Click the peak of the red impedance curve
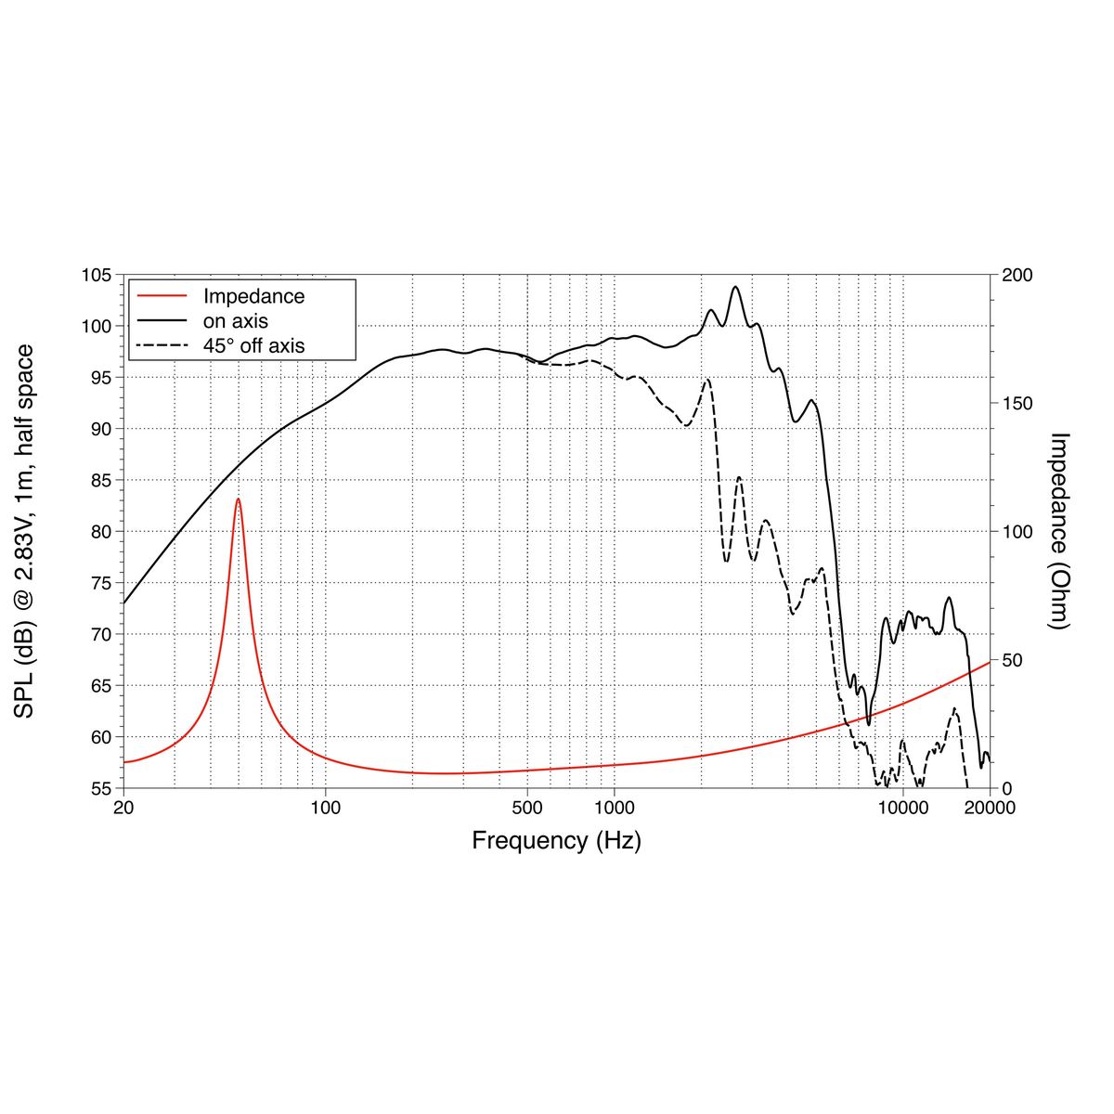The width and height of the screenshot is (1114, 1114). click(x=238, y=499)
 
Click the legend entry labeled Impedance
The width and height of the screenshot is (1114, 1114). click(x=253, y=297)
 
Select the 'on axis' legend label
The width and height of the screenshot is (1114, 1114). click(x=236, y=321)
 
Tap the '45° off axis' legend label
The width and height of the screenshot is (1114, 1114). click(x=253, y=345)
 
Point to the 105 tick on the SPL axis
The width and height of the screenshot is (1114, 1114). click(x=97, y=276)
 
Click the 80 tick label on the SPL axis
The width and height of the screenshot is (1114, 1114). click(x=100, y=532)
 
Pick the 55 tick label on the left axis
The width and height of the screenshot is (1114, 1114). click(x=100, y=788)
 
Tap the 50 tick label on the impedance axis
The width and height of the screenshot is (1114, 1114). click(x=1013, y=660)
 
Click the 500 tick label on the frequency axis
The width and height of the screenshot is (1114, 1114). click(x=527, y=808)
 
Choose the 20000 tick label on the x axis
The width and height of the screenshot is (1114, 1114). click(x=990, y=808)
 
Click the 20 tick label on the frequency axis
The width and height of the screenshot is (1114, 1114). click(x=123, y=808)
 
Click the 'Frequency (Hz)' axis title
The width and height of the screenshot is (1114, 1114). click(x=556, y=841)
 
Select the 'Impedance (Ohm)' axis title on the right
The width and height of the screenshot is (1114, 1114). click(x=1060, y=531)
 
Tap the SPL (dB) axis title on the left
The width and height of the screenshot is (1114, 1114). click(x=25, y=531)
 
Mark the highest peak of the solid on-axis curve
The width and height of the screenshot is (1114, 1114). click(x=736, y=287)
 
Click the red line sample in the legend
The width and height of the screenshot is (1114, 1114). click(x=162, y=297)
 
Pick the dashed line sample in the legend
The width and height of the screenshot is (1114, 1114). click(x=162, y=345)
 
